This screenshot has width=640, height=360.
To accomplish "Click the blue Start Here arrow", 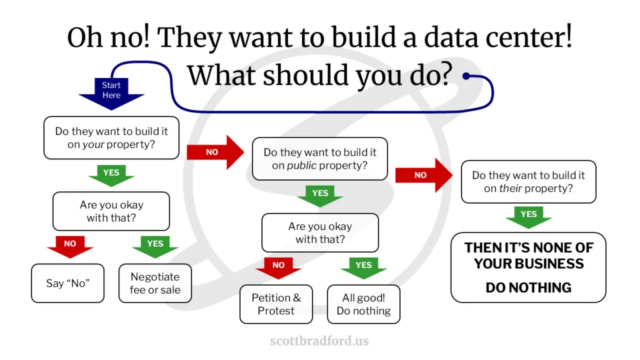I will point(111,92).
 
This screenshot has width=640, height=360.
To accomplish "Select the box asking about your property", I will point(111,137).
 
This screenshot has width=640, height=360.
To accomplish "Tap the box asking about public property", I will point(319,159).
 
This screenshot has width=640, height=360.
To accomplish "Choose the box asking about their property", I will point(528,181).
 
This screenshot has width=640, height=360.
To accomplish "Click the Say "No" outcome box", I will point(67,283).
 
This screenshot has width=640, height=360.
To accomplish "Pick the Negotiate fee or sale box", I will point(155,283).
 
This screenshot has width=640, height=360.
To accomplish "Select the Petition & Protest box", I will point(276,304).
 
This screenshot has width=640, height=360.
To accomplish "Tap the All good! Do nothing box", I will point(363,304).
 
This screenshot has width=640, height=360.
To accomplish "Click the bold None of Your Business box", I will point(528,267).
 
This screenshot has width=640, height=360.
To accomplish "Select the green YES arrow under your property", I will point(111,175).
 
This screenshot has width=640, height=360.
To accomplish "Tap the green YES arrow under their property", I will point(528,216).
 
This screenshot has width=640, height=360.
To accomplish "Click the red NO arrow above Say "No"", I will point(70,246).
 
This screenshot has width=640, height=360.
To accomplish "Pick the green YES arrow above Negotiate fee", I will point(155,246).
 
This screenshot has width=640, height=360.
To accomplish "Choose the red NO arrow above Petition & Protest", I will point(279,267).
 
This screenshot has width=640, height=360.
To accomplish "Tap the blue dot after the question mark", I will point(466,77).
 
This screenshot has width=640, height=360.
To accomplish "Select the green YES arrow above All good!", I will point(363,267).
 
